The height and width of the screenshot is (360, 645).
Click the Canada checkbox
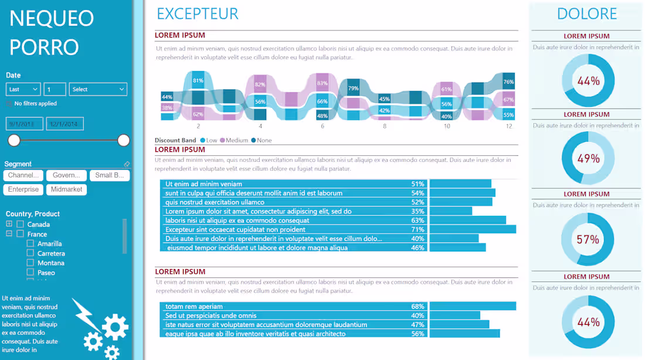tap(20, 225)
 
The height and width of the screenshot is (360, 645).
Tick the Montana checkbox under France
tap(30, 263)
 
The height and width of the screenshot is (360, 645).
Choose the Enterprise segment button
tap(23, 189)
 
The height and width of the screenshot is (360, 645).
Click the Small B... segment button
tap(110, 175)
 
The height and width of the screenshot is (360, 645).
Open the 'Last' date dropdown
tap(23, 89)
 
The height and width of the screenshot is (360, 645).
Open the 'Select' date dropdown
tap(98, 89)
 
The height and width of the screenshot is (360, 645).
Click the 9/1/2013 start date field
tap(24, 124)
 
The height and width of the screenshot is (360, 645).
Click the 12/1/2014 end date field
tap(65, 124)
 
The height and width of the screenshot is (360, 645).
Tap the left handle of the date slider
tap(14, 140)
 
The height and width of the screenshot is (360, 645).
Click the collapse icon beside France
tap(9, 234)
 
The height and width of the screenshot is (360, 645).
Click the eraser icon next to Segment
tap(127, 164)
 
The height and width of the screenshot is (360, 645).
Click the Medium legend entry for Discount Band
tap(234, 140)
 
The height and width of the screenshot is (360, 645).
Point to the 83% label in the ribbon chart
tap(322, 83)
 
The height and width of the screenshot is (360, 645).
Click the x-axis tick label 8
tap(385, 126)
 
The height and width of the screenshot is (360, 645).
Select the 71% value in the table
tap(417, 230)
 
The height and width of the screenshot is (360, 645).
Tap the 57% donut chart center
tap(588, 239)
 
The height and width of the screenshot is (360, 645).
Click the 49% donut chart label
tap(588, 159)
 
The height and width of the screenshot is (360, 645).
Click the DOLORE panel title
tap(586, 14)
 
